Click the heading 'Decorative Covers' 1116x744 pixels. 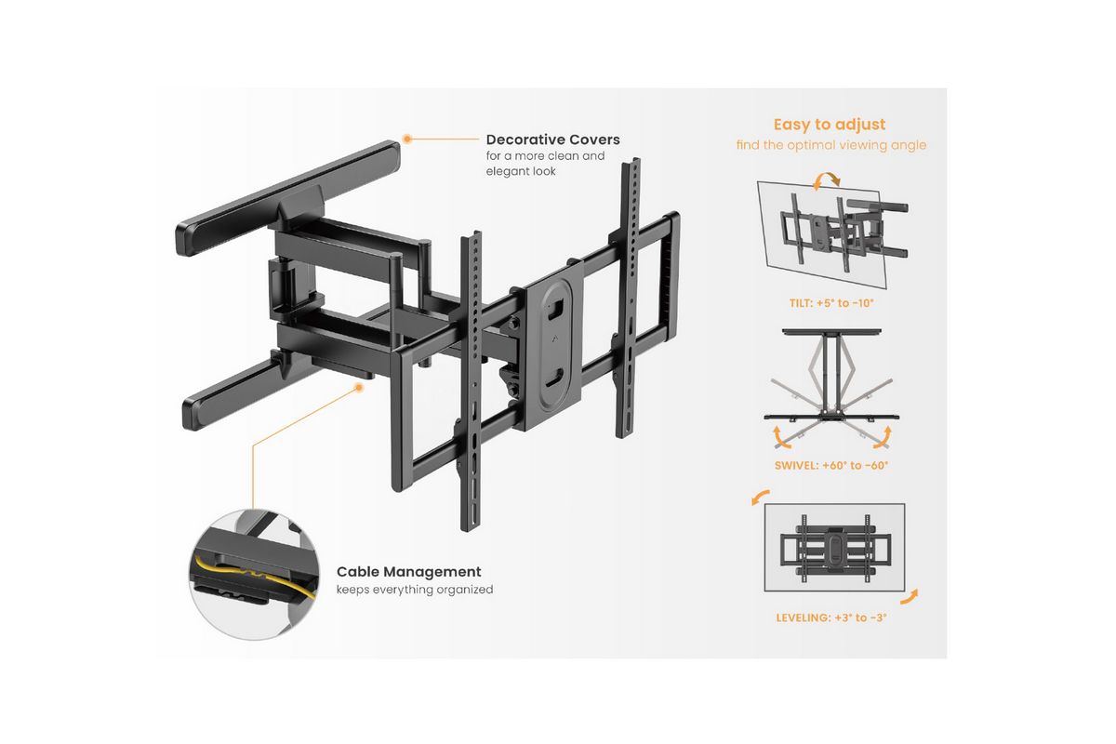click(553, 139)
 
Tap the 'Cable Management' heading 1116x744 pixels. click(409, 572)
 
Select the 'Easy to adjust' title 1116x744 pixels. click(830, 124)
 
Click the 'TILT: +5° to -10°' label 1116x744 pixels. click(831, 303)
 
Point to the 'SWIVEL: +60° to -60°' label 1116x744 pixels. click(831, 465)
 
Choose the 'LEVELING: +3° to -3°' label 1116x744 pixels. click(831, 618)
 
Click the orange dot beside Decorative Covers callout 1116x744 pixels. click(407, 139)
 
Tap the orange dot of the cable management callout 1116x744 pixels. click(359, 387)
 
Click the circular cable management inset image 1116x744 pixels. click(254, 574)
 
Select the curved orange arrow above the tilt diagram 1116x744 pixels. click(827, 181)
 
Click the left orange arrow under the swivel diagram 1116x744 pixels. click(780, 437)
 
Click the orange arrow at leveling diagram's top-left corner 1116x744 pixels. click(760, 497)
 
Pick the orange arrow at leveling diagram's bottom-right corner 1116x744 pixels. click(910, 596)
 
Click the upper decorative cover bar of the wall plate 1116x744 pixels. click(288, 198)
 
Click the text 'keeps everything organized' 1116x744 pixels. click(415, 590)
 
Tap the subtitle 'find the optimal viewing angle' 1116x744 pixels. click(831, 145)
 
